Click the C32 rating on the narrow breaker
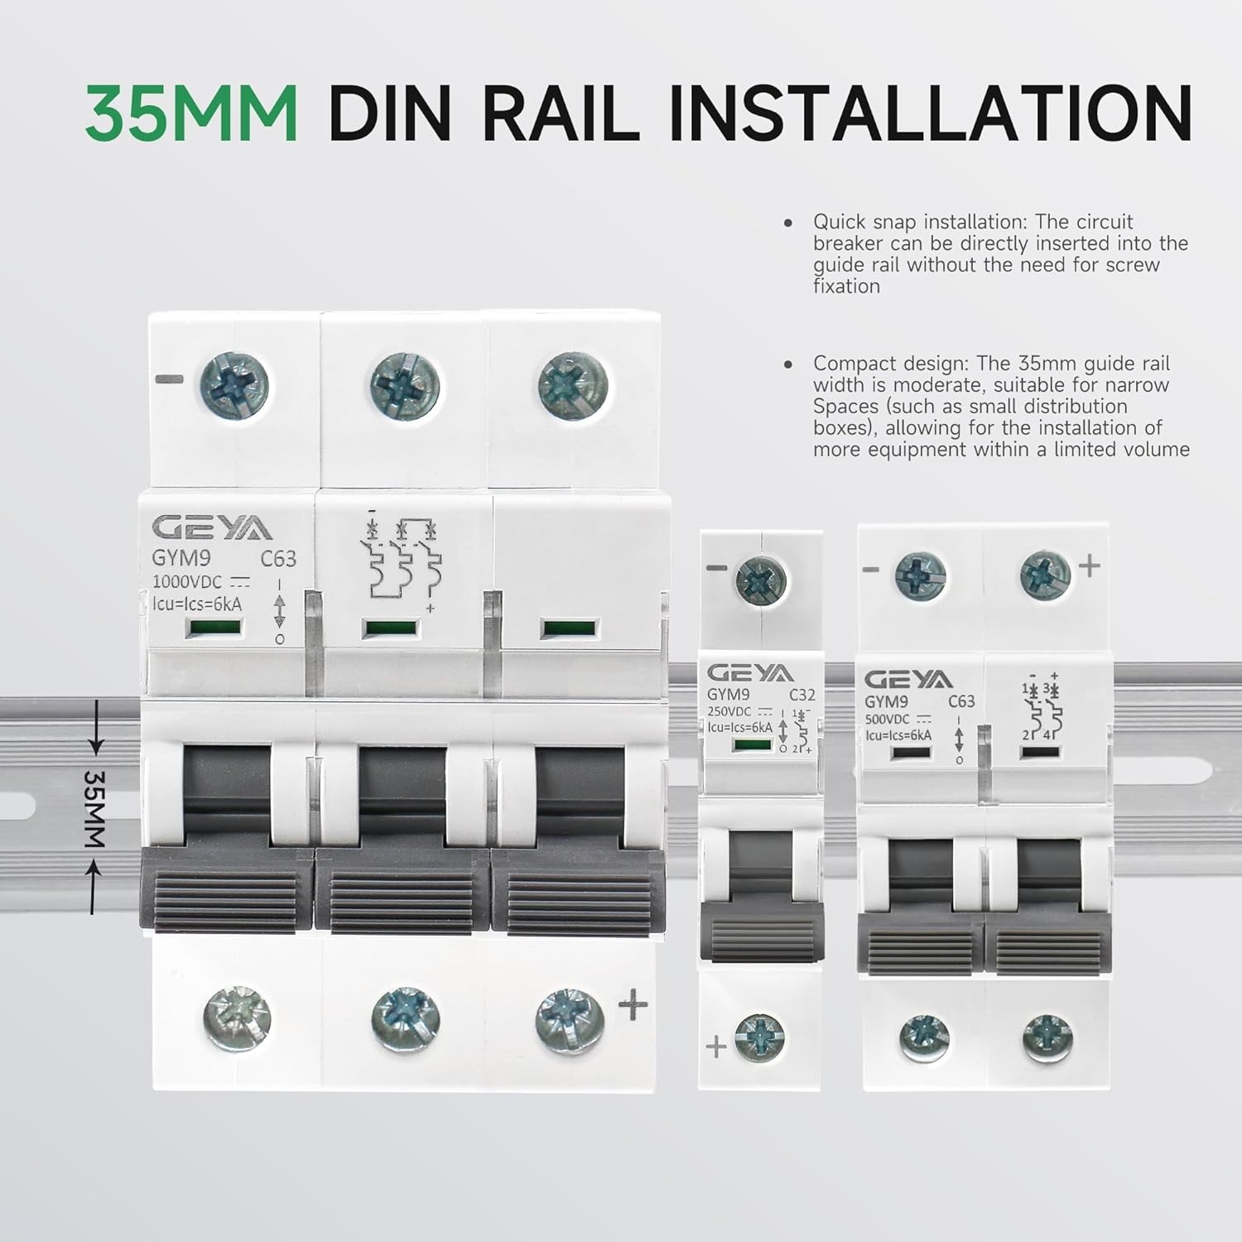pos(802,695)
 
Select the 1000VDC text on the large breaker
pos(187,582)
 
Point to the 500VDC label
pos(888,720)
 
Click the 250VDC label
pos(729,711)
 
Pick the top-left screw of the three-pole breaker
pos(235,385)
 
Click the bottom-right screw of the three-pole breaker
pos(570,1016)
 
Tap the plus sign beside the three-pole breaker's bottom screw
pos(633,1006)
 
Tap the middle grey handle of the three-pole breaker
pos(402,890)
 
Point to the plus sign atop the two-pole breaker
pos(1090,566)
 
